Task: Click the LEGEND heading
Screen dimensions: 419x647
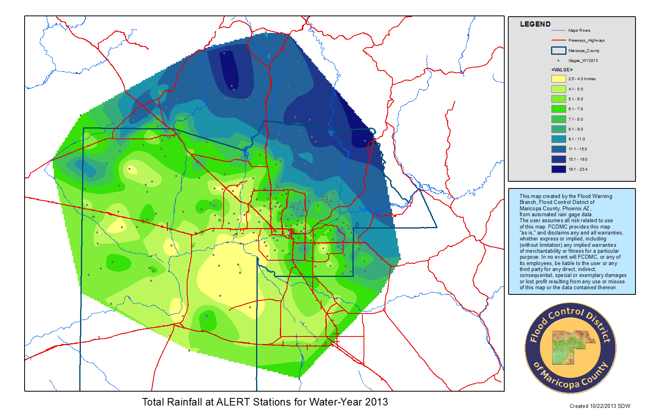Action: coord(535,24)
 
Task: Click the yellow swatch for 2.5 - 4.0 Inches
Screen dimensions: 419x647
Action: coord(558,79)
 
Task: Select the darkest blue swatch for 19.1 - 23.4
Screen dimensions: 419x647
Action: coord(558,169)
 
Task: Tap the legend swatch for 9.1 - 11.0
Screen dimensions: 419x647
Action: coord(558,139)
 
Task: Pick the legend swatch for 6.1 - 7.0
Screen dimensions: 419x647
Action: coord(558,109)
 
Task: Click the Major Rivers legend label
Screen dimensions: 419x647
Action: coord(579,31)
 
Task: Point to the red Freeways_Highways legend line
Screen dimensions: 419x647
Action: coord(558,40)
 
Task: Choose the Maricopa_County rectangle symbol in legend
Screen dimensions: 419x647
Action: coord(558,51)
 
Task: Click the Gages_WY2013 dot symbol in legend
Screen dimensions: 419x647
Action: coord(558,61)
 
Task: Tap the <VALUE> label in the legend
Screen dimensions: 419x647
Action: coord(562,70)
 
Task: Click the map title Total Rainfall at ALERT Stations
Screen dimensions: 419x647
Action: coord(265,402)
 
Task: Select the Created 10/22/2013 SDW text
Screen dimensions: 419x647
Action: coord(599,406)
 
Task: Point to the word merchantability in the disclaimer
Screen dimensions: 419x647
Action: coord(540,251)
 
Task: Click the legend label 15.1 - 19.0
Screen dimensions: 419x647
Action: coord(578,160)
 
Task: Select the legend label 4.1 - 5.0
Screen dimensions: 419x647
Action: coord(575,89)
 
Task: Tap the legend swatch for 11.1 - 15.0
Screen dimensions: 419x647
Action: coord(558,149)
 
